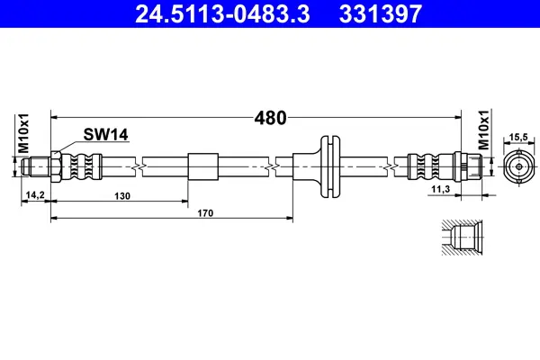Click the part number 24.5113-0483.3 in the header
click(x=222, y=13)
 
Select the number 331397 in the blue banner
click(x=381, y=13)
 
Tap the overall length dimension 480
click(x=270, y=118)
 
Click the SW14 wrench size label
click(x=105, y=134)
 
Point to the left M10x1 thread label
click(x=23, y=133)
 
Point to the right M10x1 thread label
click(x=483, y=130)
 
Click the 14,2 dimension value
click(x=35, y=195)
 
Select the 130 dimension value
click(x=122, y=196)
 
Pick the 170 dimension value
click(x=205, y=213)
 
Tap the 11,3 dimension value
click(x=441, y=189)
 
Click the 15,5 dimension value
click(x=518, y=137)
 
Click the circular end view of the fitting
click(x=519, y=167)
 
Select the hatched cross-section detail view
click(x=463, y=238)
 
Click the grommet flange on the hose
click(x=330, y=166)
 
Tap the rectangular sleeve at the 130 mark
click(x=203, y=166)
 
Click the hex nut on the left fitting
click(x=56, y=166)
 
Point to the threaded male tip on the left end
click(x=36, y=166)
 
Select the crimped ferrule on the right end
click(x=430, y=166)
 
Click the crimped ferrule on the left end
click(x=82, y=166)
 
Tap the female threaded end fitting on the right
click(x=468, y=166)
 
